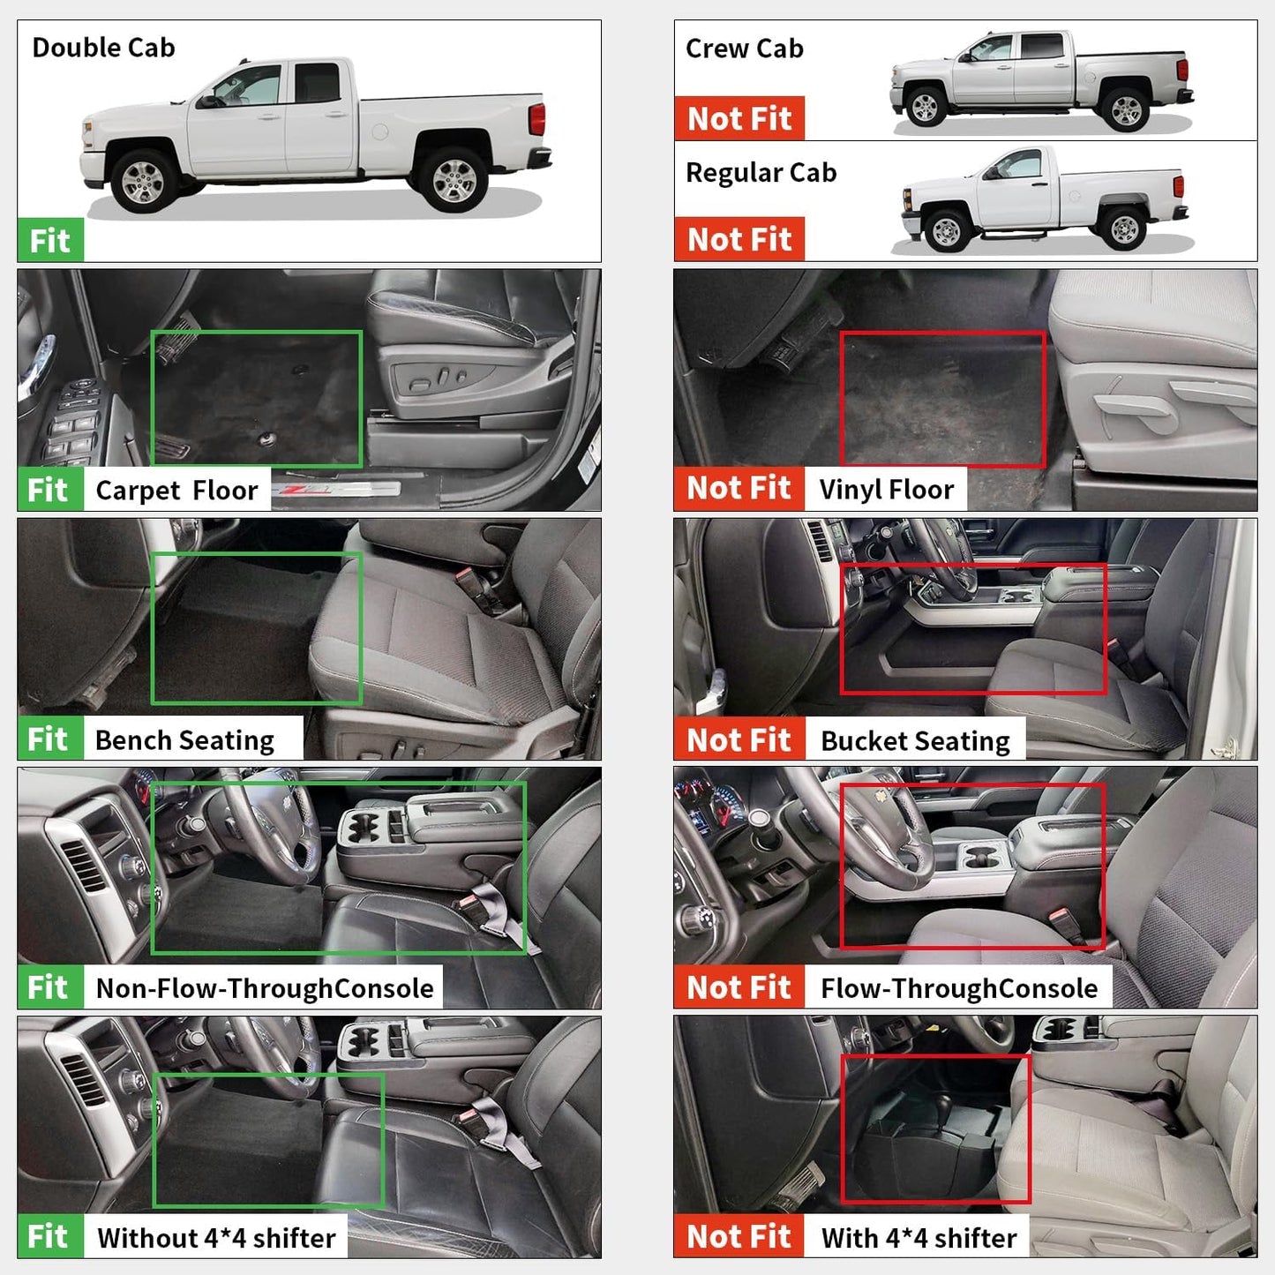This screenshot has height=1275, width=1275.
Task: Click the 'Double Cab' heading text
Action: click(x=103, y=48)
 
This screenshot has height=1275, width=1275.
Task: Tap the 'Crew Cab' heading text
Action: click(x=744, y=49)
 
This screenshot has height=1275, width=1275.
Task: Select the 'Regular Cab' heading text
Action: click(x=761, y=173)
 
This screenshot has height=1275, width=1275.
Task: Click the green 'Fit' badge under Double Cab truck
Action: click(x=50, y=240)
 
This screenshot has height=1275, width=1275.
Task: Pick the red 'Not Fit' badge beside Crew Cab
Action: click(x=739, y=118)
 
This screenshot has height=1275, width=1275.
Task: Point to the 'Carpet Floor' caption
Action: click(x=176, y=491)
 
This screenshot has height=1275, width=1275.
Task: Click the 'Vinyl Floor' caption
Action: click(x=886, y=490)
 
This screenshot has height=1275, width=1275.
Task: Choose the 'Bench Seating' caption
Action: click(x=184, y=740)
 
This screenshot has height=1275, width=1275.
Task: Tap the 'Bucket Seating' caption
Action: click(x=915, y=741)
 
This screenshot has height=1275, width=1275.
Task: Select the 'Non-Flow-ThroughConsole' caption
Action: click(x=265, y=988)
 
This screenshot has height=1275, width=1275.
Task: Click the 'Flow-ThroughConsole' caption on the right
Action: click(x=959, y=988)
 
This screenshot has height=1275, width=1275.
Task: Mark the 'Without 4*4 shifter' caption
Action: click(x=216, y=1238)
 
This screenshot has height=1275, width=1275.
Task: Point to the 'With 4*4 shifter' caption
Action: click(x=919, y=1238)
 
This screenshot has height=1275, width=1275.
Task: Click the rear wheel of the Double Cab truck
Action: click(x=454, y=179)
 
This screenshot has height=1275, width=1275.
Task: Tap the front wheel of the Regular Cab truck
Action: click(x=946, y=231)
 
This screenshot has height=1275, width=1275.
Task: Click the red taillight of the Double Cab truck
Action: click(x=536, y=119)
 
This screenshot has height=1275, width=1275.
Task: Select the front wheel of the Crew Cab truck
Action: click(x=924, y=107)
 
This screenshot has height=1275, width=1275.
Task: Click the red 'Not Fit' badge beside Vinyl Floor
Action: click(x=739, y=488)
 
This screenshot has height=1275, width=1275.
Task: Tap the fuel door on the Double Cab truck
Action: click(x=379, y=131)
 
